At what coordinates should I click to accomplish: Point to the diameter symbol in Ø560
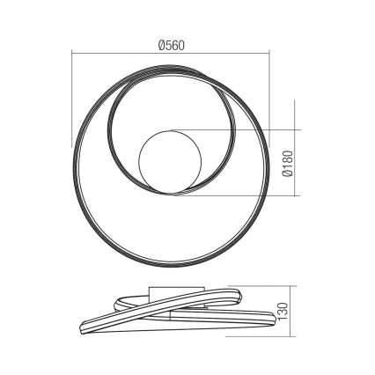164,46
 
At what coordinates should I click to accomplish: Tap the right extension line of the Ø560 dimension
270,97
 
